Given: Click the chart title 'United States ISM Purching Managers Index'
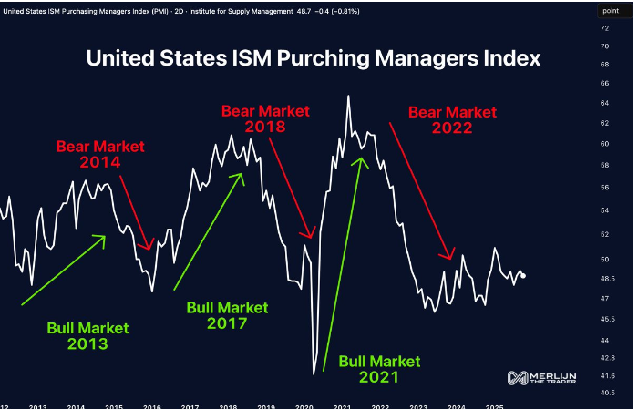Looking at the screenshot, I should click(x=314, y=58).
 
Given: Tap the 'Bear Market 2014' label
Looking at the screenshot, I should click(x=100, y=154).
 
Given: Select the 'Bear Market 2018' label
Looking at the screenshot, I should click(x=265, y=119).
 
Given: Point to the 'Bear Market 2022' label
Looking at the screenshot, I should click(x=452, y=120).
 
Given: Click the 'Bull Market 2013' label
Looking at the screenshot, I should click(x=87, y=335).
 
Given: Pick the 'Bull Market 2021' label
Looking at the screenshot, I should click(x=380, y=367).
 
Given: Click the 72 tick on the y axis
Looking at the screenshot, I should click(x=604, y=27).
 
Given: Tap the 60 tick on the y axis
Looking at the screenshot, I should click(x=604, y=144).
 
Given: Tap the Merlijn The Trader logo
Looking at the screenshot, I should click(x=541, y=377).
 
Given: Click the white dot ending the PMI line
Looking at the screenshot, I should click(x=522, y=276).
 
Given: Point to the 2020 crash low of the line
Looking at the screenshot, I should click(x=314, y=373).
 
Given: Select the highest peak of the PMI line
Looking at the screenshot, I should click(x=348, y=96).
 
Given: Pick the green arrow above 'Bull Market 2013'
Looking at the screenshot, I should click(x=62, y=271).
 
